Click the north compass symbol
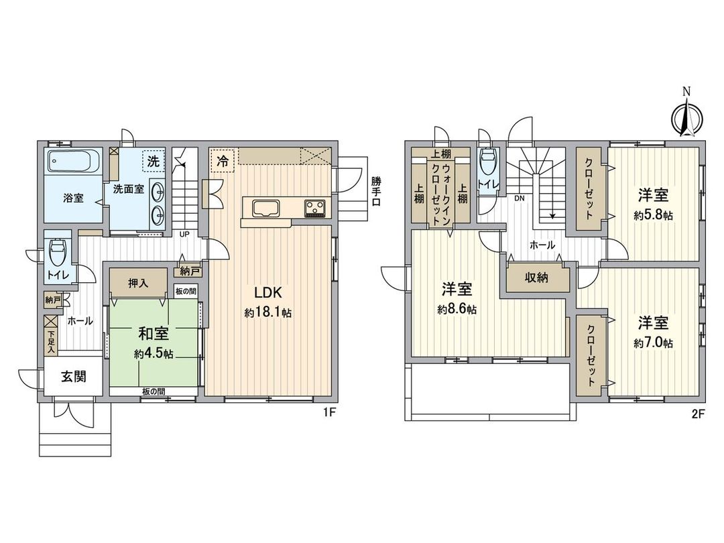pyautogui.click(x=686, y=117)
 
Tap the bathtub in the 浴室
pyautogui.click(x=73, y=162)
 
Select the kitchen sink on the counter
pyautogui.click(x=263, y=207)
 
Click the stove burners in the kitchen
pyautogui.click(x=314, y=208)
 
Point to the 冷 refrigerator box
pyautogui.click(x=222, y=161)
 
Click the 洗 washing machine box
pyautogui.click(x=154, y=161)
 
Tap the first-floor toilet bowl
pyautogui.click(x=58, y=252)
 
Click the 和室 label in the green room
pyautogui.click(x=154, y=333)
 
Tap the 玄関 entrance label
pyautogui.click(x=74, y=377)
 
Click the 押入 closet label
pyautogui.click(x=138, y=284)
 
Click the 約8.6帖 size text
pyautogui.click(x=457, y=310)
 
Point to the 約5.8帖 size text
pyautogui.click(x=653, y=215)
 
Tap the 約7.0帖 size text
pyautogui.click(x=653, y=343)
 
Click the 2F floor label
pyautogui.click(x=697, y=413)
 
